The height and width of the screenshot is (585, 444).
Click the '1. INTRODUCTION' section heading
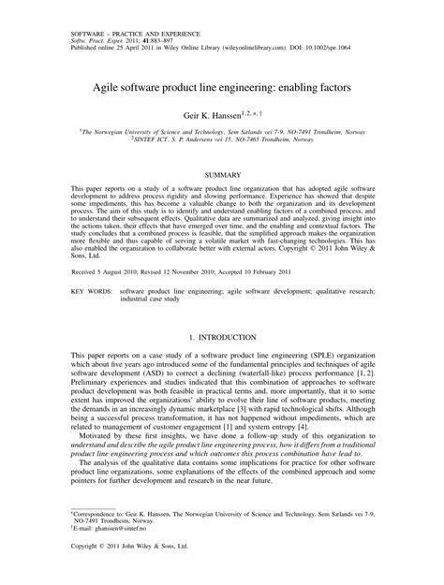[221, 335]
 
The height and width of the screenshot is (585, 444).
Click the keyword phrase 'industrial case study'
[155, 300]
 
